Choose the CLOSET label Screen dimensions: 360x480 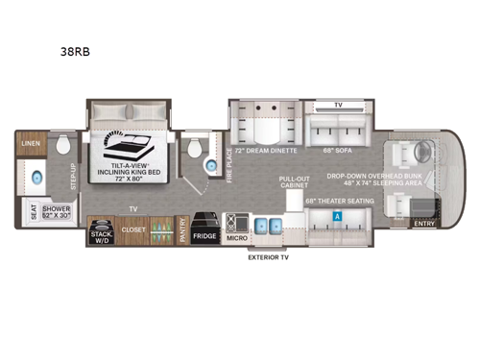click(134, 230)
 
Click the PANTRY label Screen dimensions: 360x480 click(182, 230)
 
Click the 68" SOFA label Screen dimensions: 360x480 click(336, 152)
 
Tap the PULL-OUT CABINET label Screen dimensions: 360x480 click(294, 181)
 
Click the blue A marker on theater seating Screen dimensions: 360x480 click(337, 216)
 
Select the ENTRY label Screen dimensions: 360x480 click(424, 224)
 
